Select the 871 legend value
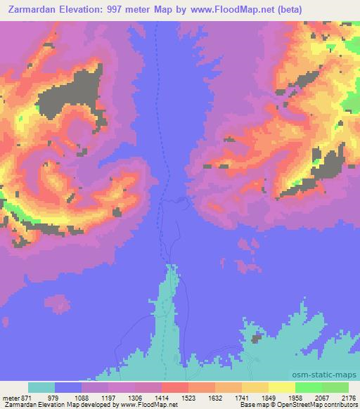pos(26,398)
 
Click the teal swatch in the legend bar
pos(41,387)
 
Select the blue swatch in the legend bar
pos(68,387)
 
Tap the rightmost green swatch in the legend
pos(335,387)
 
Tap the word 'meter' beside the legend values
pos(11,398)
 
